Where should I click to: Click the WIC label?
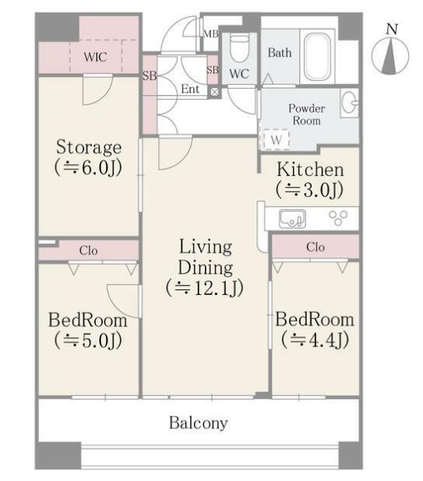(x=95, y=57)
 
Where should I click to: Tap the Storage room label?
(x=89, y=147)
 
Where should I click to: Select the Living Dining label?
(x=205, y=257)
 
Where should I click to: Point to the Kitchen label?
(x=310, y=170)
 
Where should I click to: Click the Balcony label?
(x=199, y=423)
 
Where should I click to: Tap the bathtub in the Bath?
(x=317, y=57)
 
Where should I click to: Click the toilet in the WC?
(x=239, y=47)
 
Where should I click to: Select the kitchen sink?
(x=292, y=219)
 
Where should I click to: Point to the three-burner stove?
(x=338, y=217)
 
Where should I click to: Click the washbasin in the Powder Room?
(x=351, y=103)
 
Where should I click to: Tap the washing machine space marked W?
(x=276, y=140)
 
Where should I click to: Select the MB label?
(x=211, y=33)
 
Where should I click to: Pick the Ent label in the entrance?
(x=190, y=90)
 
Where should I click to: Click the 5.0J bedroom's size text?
(x=88, y=340)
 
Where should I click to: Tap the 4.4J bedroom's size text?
(x=315, y=339)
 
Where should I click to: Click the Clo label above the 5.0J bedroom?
(x=88, y=251)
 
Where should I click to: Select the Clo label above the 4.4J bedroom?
(x=315, y=247)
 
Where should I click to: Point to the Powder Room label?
(x=306, y=114)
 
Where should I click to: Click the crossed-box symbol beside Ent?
(x=214, y=92)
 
